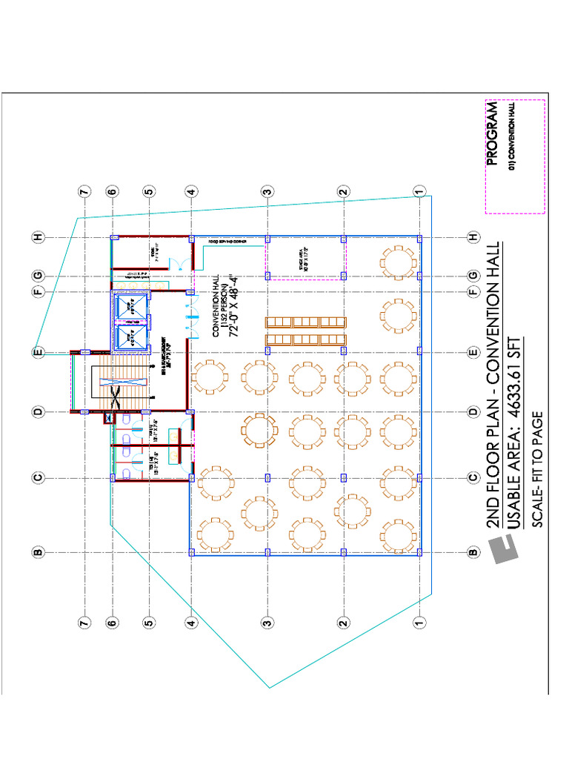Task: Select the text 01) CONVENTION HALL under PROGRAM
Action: coord(510,138)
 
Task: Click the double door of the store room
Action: coord(174,263)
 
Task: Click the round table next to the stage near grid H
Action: coord(399,261)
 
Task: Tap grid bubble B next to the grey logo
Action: coord(472,552)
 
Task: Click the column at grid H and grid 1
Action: coord(419,239)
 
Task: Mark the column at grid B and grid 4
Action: coord(191,552)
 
